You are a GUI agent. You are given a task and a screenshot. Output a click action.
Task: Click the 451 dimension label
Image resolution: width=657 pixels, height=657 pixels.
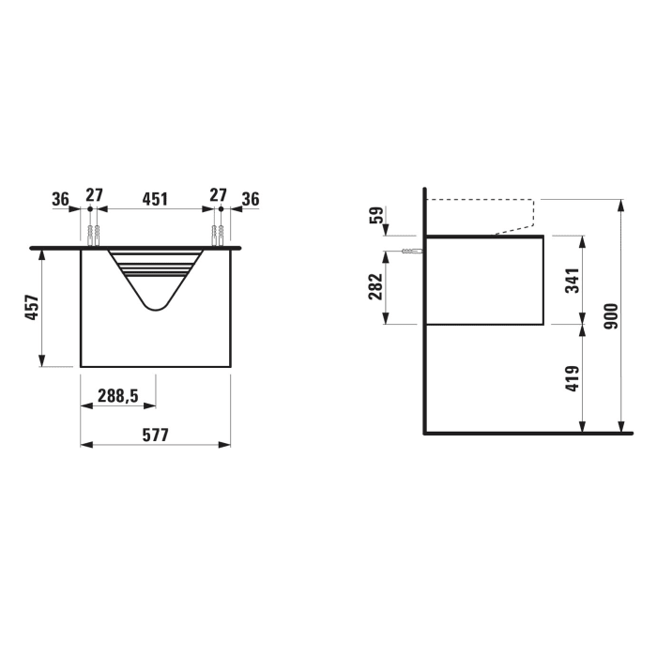click(155, 198)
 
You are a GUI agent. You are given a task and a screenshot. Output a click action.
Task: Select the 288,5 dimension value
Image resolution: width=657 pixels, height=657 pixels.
click(118, 396)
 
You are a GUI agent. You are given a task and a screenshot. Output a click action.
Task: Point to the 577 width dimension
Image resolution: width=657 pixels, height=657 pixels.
click(155, 435)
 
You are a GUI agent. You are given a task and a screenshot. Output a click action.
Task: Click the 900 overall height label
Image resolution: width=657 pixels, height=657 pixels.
click(610, 317)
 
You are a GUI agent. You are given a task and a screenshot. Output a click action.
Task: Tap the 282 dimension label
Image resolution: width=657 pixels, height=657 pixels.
click(375, 284)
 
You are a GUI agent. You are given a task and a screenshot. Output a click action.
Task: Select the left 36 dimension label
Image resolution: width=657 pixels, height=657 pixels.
click(60, 198)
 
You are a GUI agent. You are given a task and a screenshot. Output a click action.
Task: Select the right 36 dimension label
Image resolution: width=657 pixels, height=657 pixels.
click(250, 198)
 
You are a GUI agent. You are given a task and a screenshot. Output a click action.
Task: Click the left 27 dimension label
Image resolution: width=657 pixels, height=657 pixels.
click(94, 196)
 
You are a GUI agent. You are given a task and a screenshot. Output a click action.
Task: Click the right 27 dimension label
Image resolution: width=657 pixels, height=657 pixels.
click(218, 196)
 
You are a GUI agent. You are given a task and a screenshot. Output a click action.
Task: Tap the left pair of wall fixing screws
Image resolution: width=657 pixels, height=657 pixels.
click(92, 235)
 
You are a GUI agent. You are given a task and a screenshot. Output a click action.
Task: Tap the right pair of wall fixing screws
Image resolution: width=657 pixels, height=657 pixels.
click(219, 235)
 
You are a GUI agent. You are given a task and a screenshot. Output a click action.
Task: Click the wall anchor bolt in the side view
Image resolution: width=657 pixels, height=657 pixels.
click(412, 252)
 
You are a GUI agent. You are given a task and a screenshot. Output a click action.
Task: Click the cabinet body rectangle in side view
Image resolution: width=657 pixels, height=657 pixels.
click(484, 280)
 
